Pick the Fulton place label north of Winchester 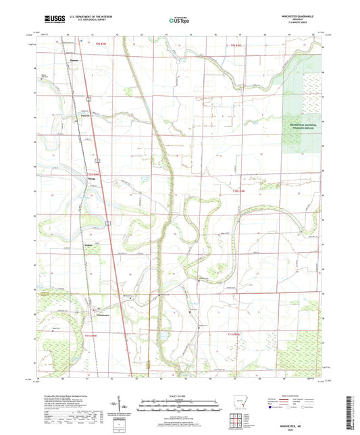click(88, 245)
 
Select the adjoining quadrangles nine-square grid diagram click(238, 421)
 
